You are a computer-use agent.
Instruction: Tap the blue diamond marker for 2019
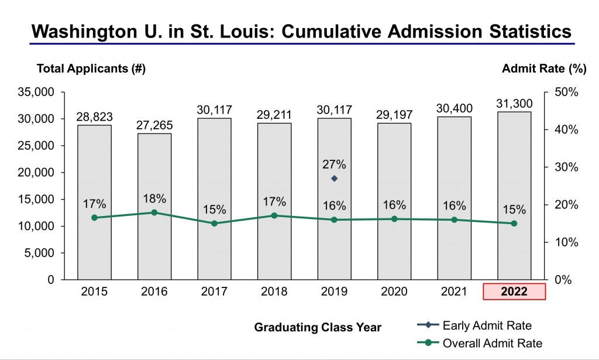tap(334, 179)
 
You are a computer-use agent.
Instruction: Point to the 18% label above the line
tap(154, 198)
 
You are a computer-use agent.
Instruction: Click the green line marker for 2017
tap(214, 223)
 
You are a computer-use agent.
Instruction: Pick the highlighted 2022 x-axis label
tap(514, 292)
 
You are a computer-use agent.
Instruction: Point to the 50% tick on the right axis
tap(566, 92)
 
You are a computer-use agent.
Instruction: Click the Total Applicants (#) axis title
tap(91, 68)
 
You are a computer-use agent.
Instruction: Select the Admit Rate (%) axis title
tap(543, 68)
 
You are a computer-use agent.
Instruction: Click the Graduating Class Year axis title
tap(318, 328)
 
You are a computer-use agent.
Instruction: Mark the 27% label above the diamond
tap(334, 164)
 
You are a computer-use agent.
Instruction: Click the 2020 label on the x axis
tap(394, 292)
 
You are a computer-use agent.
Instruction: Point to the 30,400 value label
tap(454, 108)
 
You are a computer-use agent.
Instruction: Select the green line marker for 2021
tap(454, 220)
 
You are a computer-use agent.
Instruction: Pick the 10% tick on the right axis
tap(566, 242)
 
